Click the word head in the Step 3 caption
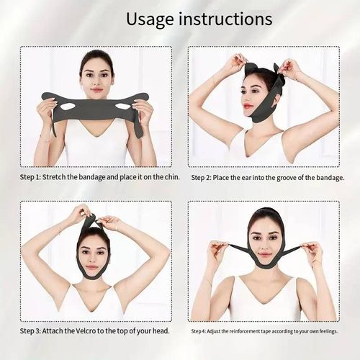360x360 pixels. pos(158,330)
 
